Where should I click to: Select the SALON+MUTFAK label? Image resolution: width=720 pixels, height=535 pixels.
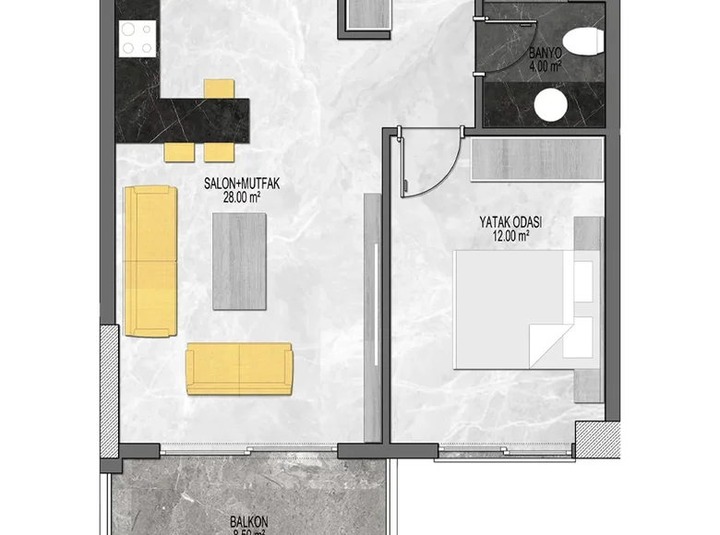click(241, 184)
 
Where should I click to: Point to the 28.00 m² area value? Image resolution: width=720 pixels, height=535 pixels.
click(241, 196)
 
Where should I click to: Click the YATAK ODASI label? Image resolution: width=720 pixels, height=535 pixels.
click(510, 222)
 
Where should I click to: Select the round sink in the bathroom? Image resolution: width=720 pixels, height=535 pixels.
click(552, 105)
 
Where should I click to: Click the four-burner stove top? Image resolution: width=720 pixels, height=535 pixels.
click(137, 38)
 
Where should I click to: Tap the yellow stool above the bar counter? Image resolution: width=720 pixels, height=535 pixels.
click(219, 89)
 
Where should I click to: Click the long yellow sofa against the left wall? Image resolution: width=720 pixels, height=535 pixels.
click(150, 261)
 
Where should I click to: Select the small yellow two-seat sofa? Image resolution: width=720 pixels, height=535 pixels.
click(239, 368)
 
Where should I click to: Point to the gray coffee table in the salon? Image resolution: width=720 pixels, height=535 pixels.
click(239, 261)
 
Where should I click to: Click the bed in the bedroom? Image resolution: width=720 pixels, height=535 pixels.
click(512, 309)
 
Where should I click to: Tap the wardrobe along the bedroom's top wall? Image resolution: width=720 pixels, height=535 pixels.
click(535, 160)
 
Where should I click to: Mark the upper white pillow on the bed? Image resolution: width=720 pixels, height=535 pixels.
click(583, 281)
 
